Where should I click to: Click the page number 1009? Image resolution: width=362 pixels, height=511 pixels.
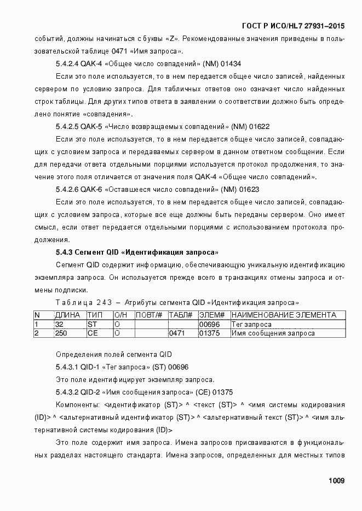[336, 481]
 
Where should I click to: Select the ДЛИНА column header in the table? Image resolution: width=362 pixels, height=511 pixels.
[67, 315]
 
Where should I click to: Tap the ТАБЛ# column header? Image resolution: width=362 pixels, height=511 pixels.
[180, 315]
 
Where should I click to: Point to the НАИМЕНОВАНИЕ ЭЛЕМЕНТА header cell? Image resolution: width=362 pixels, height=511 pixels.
[283, 315]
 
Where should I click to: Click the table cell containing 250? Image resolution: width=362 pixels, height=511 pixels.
[61, 333]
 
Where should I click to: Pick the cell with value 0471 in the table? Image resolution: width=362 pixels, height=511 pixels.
[177, 333]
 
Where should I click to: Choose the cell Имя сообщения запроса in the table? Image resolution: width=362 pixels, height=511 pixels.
[273, 333]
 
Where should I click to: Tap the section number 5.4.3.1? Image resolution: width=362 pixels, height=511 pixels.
[67, 367]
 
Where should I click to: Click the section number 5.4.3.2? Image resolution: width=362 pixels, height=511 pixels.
[67, 392]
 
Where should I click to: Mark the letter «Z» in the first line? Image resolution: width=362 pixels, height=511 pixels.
[173, 39]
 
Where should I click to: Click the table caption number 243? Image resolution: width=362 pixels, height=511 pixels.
[104, 302]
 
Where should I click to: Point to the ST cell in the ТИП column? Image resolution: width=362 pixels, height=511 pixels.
[92, 324]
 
